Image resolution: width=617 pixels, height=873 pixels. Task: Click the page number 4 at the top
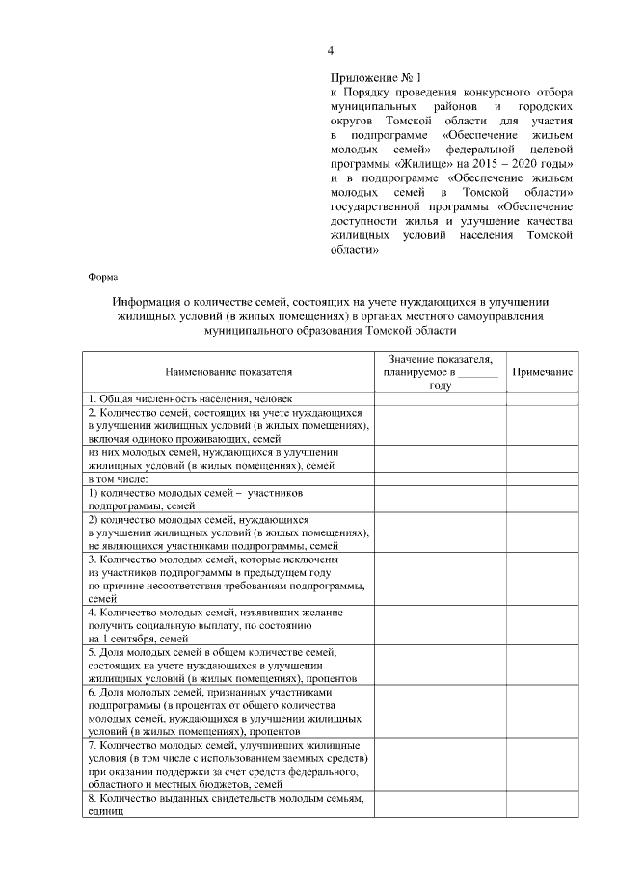tap(331, 50)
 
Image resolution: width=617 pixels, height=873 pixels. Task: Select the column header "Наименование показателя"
tap(228, 371)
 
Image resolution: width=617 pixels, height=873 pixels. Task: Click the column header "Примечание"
tap(542, 371)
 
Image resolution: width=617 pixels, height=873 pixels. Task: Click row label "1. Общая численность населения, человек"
tap(190, 397)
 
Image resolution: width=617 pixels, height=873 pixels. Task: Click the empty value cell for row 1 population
tap(440, 397)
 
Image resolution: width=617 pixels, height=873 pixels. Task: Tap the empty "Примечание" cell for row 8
tap(542, 805)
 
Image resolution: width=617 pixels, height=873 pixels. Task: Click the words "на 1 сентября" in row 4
tap(121, 639)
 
